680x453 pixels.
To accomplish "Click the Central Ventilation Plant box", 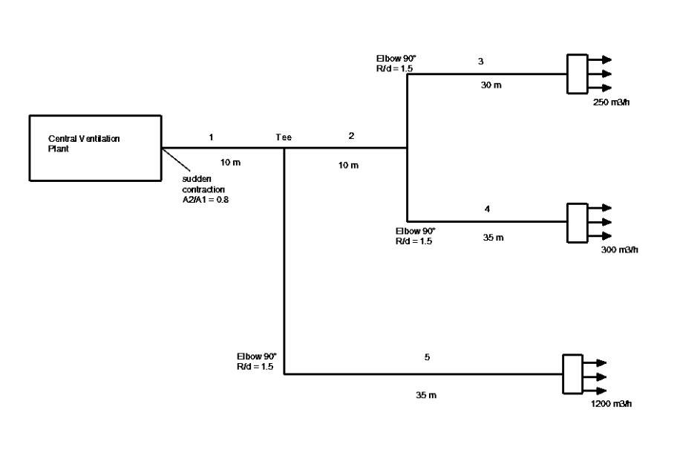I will [95, 148].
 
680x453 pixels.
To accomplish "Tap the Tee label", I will [284, 137].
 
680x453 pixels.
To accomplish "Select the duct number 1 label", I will [212, 137].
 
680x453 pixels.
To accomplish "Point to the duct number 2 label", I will [351, 136].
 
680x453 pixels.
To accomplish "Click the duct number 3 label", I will [480, 61].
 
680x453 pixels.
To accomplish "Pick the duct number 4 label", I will [487, 209].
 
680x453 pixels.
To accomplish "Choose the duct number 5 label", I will [427, 358].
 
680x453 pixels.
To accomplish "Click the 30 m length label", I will [491, 86].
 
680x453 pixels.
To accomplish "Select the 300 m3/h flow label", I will [620, 250].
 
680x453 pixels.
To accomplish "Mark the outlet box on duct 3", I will [577, 74].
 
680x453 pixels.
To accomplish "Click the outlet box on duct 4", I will [577, 222].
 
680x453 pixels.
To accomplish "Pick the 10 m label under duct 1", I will [231, 161].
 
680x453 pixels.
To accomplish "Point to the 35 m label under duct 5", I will [426, 394].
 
